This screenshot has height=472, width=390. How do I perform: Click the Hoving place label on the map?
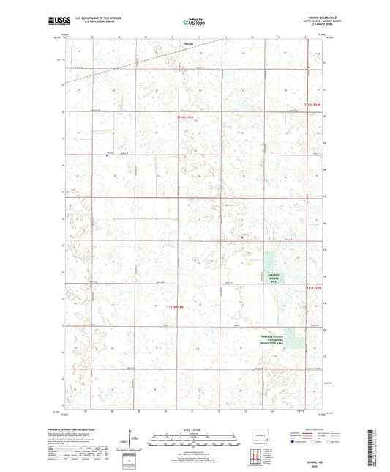click(187, 43)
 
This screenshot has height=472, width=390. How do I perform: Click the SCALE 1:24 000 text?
click(194, 429)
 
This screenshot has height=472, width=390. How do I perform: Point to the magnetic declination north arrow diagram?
click(132, 440)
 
